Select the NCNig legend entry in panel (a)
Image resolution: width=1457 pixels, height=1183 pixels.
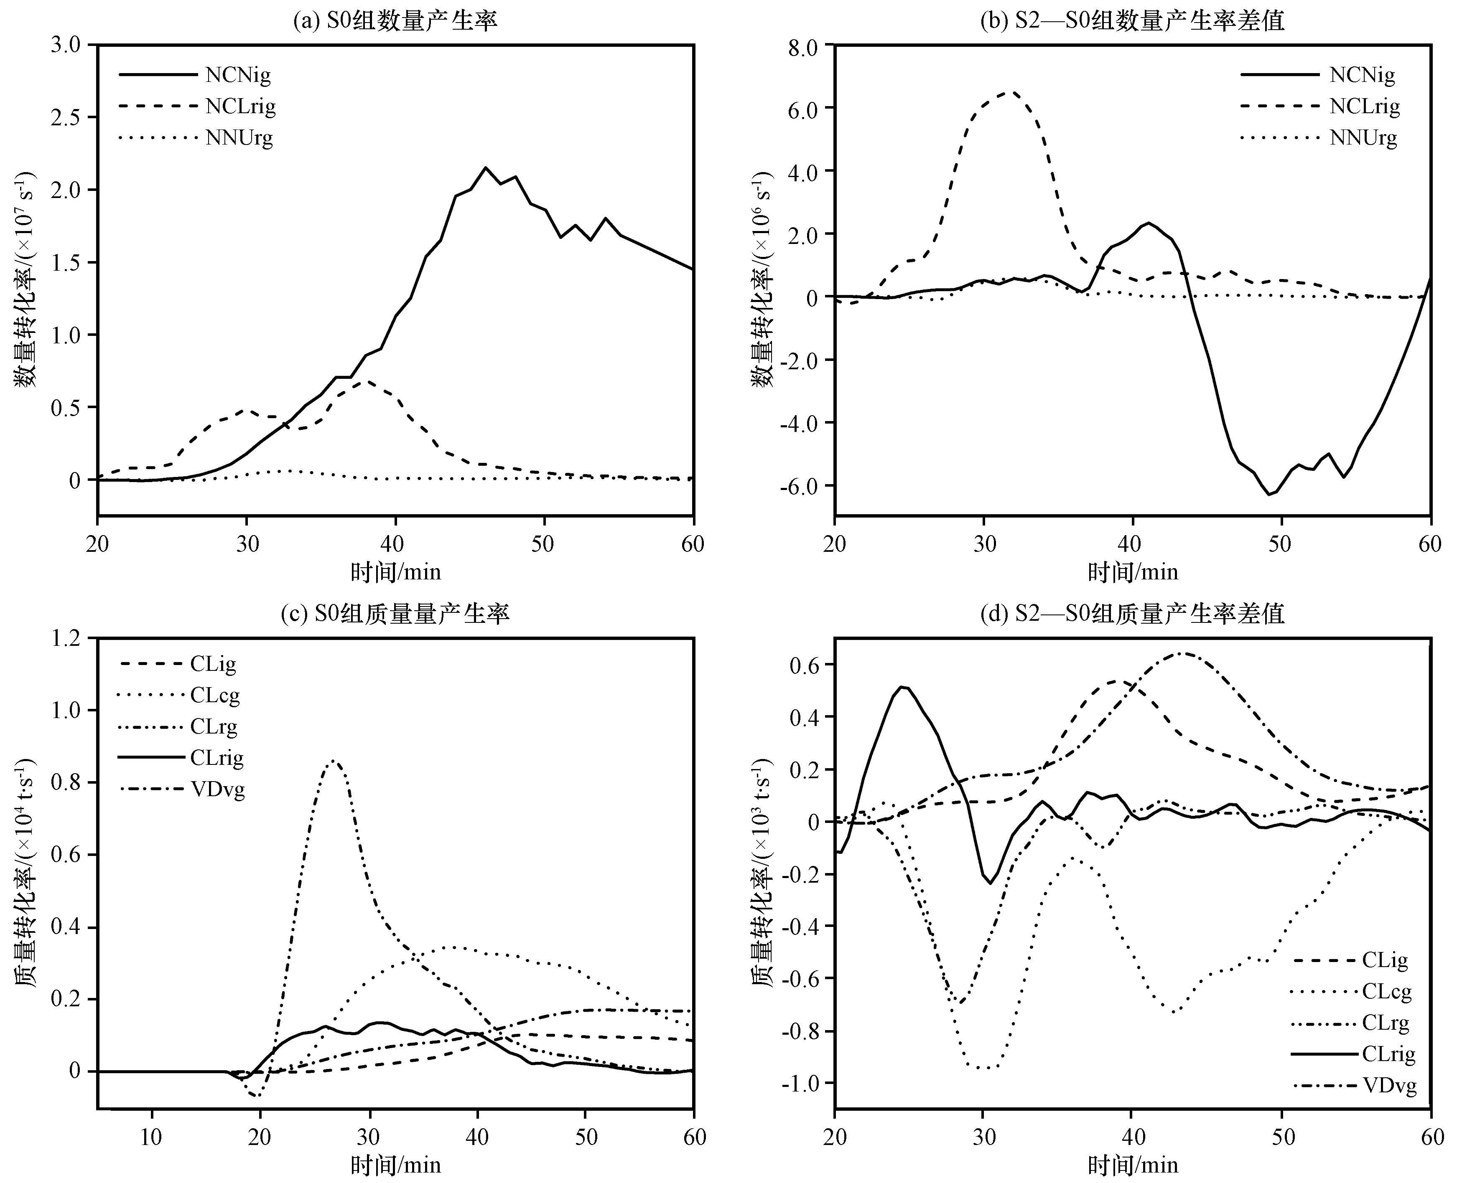(195, 74)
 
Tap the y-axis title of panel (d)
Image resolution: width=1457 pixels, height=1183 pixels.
(762, 872)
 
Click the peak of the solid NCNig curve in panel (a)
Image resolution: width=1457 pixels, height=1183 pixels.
(485, 168)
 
